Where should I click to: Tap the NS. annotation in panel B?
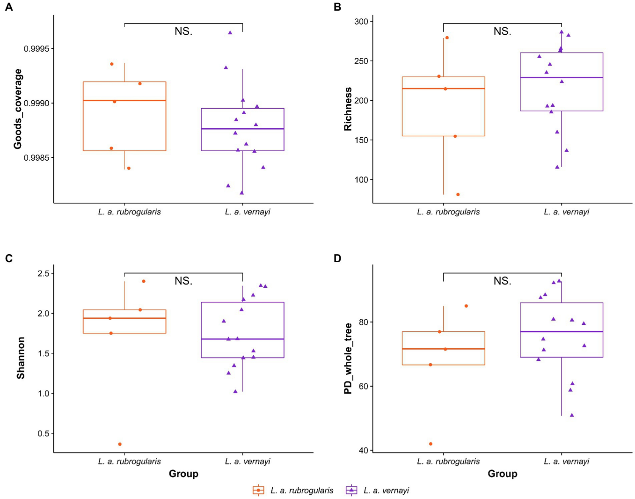502,31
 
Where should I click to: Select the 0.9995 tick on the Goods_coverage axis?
39,49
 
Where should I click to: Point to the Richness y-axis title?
348,109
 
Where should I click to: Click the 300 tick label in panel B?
361,21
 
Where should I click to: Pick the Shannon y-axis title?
21,358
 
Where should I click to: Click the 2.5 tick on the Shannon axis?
46,273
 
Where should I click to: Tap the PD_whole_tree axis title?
348,358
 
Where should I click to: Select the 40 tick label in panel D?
364,450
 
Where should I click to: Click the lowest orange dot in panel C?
120,444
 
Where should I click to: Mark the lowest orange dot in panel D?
431,444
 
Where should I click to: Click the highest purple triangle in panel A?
230,32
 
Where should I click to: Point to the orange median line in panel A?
124,100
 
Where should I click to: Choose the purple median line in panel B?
562,77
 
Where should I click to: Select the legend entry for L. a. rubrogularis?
293,491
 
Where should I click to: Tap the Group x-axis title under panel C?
183,474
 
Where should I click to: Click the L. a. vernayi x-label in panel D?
566,461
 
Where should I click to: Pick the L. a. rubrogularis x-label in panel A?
129,212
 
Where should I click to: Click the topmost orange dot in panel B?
447,37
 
